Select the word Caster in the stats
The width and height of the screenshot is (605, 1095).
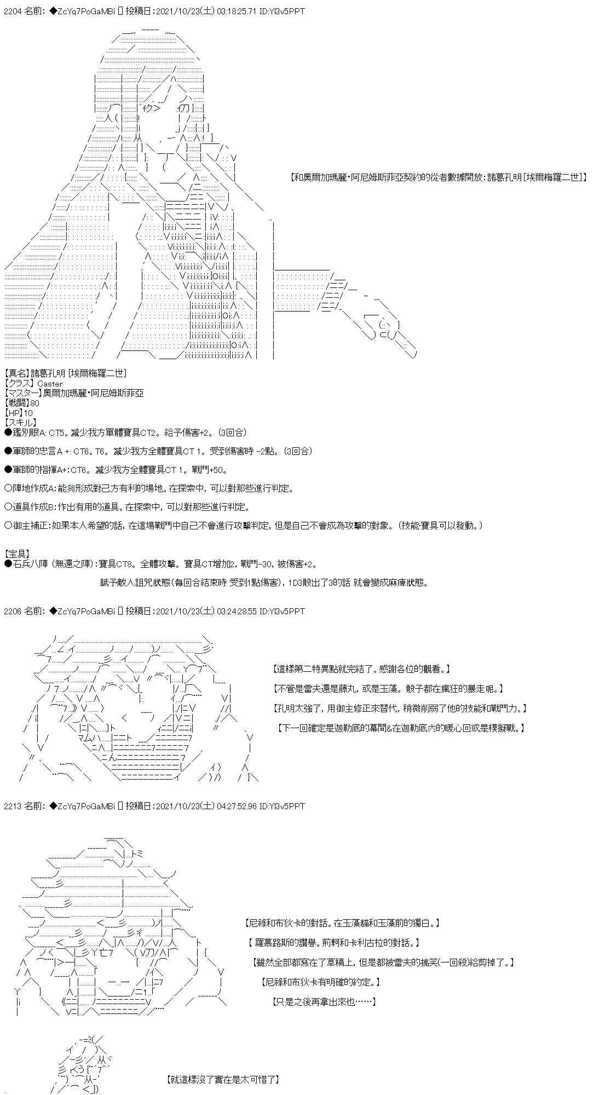tap(50, 383)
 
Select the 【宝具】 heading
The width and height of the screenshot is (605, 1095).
tap(16, 554)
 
